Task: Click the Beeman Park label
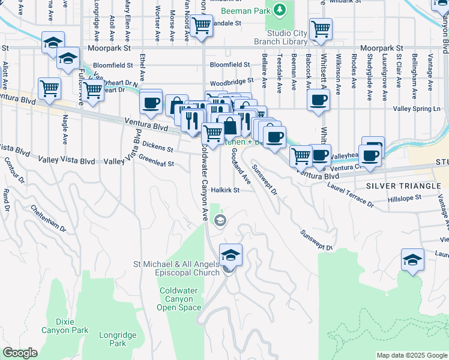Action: click(x=246, y=11)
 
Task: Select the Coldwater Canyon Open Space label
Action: click(x=179, y=299)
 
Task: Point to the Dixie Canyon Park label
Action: click(x=65, y=325)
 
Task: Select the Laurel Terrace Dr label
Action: click(x=351, y=195)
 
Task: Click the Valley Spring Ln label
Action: click(x=416, y=109)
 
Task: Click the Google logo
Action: click(x=20, y=353)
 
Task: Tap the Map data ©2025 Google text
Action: click(x=412, y=355)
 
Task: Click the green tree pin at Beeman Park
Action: click(x=279, y=10)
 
